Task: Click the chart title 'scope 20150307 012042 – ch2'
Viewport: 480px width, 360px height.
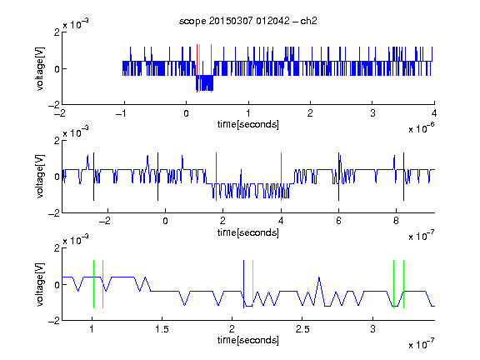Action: pos(248,21)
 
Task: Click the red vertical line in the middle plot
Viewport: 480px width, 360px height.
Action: pos(216,177)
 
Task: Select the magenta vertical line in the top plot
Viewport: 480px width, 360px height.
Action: pos(211,68)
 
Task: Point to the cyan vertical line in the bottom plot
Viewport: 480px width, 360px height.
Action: pos(252,284)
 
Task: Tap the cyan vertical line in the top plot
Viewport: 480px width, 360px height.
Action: pos(200,68)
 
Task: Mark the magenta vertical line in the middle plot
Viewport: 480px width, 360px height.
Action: pos(281,177)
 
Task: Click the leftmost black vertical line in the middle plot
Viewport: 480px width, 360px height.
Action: pos(93,177)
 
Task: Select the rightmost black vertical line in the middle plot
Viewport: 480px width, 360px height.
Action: pos(403,177)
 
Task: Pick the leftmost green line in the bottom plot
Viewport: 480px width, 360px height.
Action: pos(93,284)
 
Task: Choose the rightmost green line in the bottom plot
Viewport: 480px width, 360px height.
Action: pos(404,284)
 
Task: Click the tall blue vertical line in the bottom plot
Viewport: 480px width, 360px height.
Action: pos(243,284)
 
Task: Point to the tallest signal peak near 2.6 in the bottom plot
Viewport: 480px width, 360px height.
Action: pos(319,277)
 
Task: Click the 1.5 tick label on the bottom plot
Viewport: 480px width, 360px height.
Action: pos(162,329)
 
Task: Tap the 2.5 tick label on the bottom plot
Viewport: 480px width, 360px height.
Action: pos(302,329)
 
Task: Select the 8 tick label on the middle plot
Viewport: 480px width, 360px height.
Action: pos(396,221)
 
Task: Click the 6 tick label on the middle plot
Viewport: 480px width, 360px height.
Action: pos(338,221)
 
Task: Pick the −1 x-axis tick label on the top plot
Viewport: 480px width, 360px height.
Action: pos(121,113)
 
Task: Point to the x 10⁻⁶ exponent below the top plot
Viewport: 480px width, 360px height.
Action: pos(422,128)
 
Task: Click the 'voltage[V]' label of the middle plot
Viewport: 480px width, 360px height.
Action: pos(40,177)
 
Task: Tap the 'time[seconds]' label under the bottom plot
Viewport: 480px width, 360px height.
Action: pos(248,340)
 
